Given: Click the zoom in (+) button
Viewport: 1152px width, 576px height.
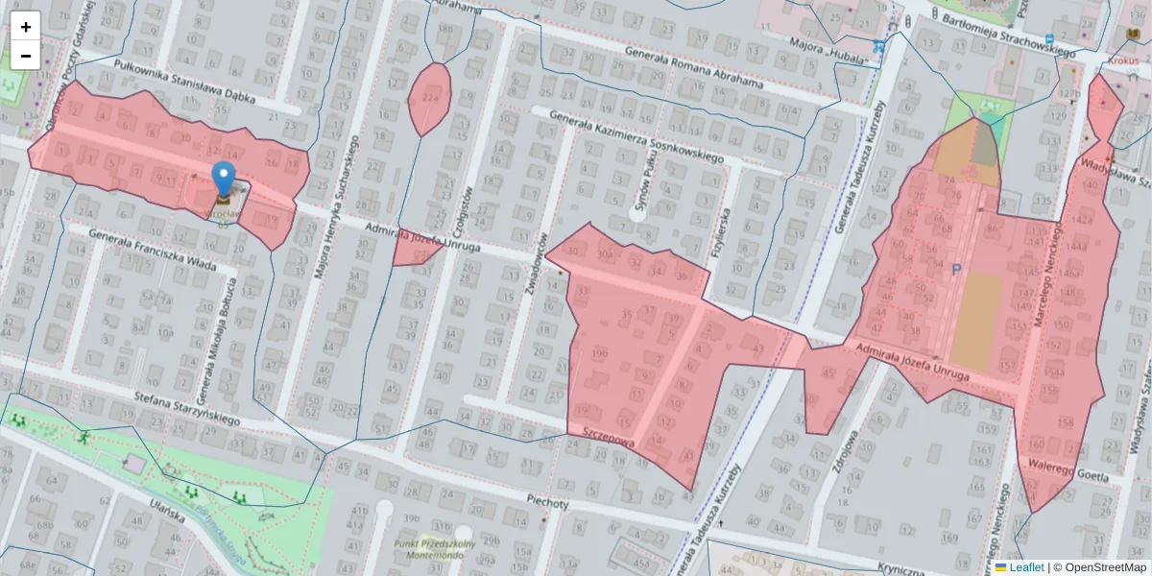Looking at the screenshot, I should point(26,26).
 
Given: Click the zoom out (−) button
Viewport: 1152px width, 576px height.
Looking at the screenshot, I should point(26,56).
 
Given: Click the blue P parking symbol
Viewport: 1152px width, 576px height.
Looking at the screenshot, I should point(956,271).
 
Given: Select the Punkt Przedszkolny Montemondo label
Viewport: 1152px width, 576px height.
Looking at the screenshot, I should point(435,549).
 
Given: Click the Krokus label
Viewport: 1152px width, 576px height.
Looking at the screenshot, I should point(1122,60).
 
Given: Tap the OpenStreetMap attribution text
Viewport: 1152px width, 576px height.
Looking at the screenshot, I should point(1105,567).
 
